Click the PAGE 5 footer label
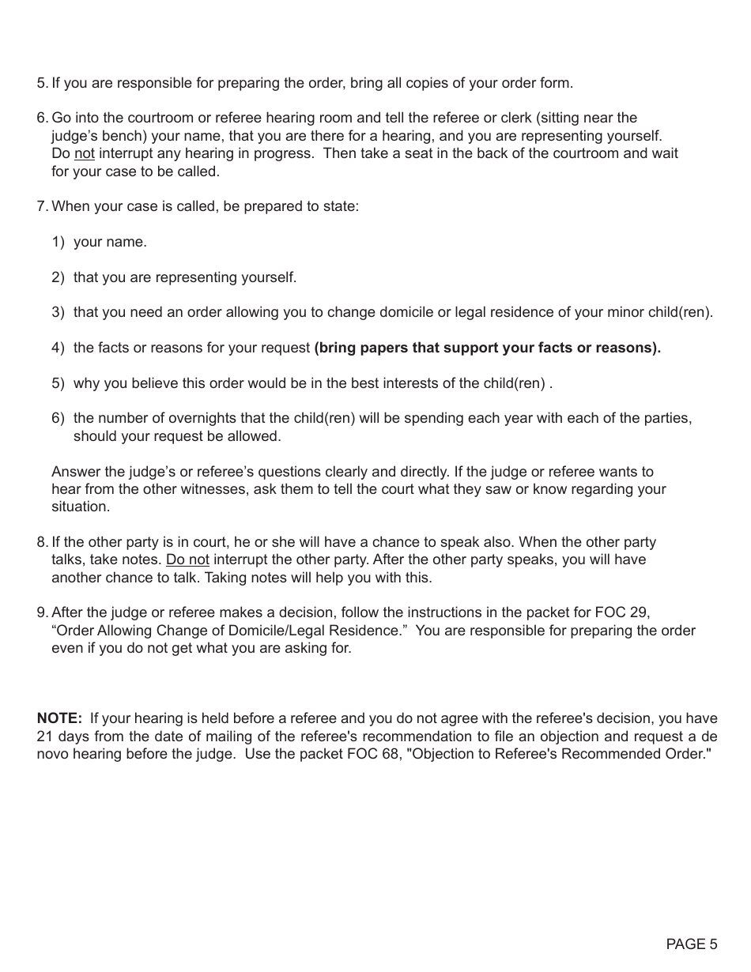click(x=692, y=944)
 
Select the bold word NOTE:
click(x=59, y=718)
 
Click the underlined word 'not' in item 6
click(x=84, y=153)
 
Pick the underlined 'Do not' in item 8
click(x=187, y=559)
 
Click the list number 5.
click(x=41, y=83)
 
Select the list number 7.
click(x=41, y=206)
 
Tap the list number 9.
click(x=41, y=612)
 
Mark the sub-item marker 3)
click(x=58, y=312)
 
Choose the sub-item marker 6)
click(x=58, y=418)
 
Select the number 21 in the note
click(x=45, y=737)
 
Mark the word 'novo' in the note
click(x=52, y=754)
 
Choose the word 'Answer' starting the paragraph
click(x=74, y=472)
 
